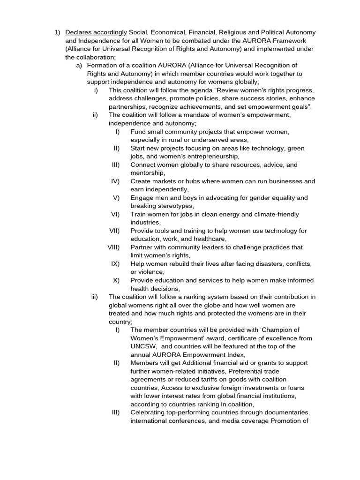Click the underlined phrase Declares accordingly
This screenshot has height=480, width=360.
[96, 32]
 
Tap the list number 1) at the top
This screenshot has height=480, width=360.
[57, 32]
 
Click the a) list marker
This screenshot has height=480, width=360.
[79, 65]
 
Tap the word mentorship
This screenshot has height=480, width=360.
[147, 173]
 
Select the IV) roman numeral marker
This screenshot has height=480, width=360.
[115, 181]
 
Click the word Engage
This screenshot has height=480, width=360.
[142, 198]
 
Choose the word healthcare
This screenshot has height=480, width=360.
[211, 239]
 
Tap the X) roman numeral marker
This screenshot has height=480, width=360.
[116, 280]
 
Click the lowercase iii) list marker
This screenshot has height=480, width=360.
[95, 297]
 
